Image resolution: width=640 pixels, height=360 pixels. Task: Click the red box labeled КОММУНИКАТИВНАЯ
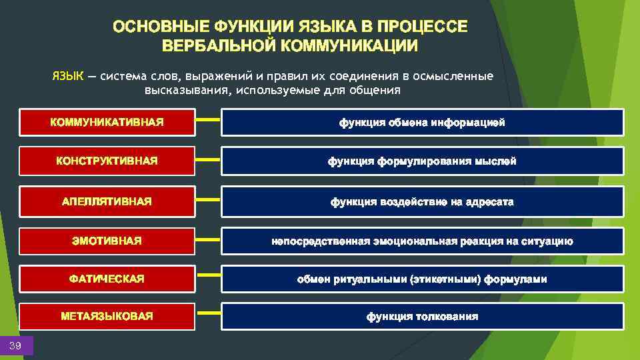click(x=107, y=123)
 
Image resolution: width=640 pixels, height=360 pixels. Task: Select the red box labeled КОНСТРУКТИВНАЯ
click(x=107, y=161)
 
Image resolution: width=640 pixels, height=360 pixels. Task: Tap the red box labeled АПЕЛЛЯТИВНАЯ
click(x=107, y=201)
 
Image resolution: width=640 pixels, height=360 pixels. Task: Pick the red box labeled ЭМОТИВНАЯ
click(x=107, y=241)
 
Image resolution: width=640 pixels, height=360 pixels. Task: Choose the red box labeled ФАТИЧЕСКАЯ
click(x=107, y=279)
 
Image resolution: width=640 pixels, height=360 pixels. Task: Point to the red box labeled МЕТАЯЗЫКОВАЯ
click(x=107, y=316)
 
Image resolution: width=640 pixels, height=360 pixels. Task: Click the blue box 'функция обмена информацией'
click(x=422, y=123)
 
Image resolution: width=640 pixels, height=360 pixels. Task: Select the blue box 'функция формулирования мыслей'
click(x=422, y=161)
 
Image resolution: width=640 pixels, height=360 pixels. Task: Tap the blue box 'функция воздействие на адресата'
click(x=422, y=201)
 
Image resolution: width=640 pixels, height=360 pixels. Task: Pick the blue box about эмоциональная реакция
click(x=422, y=241)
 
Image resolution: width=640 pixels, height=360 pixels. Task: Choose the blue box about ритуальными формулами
click(x=422, y=279)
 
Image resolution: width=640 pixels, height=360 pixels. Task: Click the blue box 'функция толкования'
click(x=422, y=316)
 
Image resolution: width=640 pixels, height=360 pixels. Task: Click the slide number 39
click(x=16, y=345)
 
